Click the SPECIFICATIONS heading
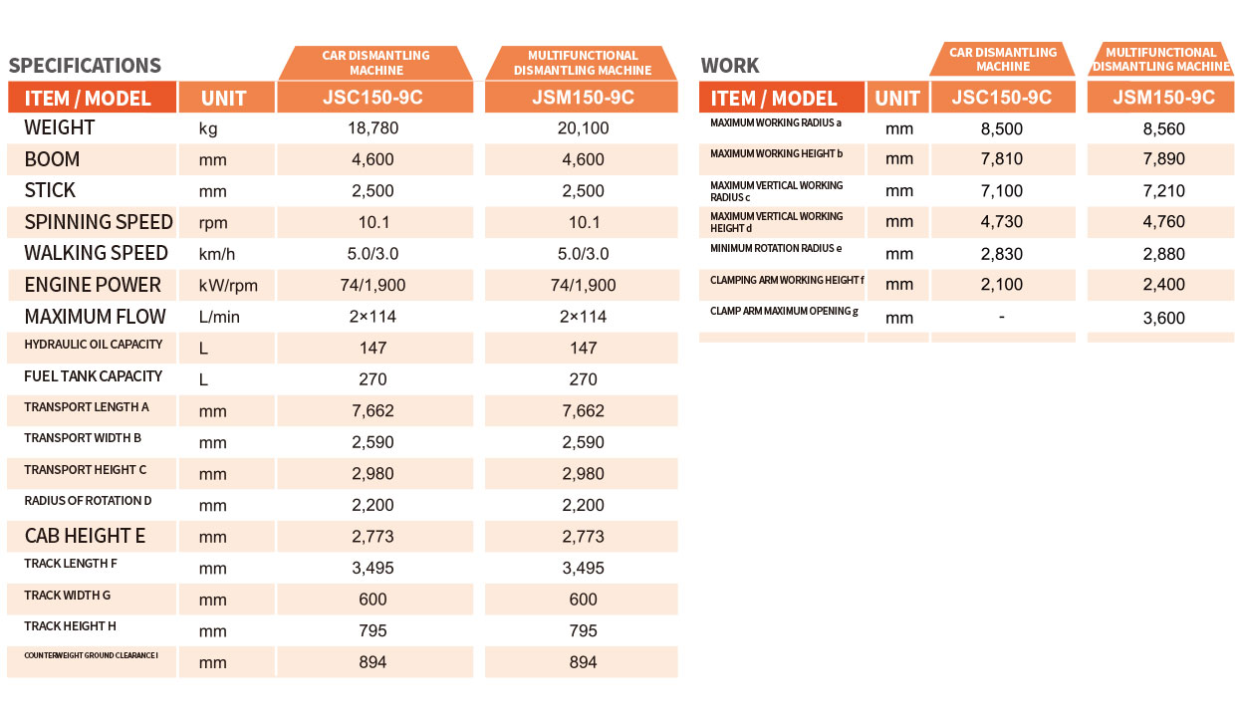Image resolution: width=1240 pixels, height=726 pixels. (x=85, y=66)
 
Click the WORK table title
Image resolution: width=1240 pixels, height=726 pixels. (x=730, y=66)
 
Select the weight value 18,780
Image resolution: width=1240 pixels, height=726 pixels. (x=372, y=128)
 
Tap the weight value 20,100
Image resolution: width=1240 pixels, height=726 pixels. (x=583, y=128)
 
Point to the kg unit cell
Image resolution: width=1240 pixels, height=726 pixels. (x=208, y=129)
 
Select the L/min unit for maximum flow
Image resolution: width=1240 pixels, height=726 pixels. (x=219, y=318)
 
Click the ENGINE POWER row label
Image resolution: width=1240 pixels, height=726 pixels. (x=93, y=285)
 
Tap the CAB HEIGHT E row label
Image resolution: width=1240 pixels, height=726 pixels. (x=85, y=536)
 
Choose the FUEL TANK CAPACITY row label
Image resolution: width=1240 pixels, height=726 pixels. (x=93, y=376)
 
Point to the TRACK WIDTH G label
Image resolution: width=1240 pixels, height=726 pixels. (x=67, y=595)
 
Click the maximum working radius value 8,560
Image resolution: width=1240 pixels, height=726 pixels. (x=1163, y=128)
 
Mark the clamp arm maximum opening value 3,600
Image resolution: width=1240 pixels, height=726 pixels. (x=1163, y=318)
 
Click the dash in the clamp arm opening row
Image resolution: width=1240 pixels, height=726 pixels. (x=1001, y=317)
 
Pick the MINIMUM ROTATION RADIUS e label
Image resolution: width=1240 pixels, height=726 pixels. (x=776, y=248)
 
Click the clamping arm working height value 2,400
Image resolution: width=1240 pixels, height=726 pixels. (x=1163, y=285)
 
